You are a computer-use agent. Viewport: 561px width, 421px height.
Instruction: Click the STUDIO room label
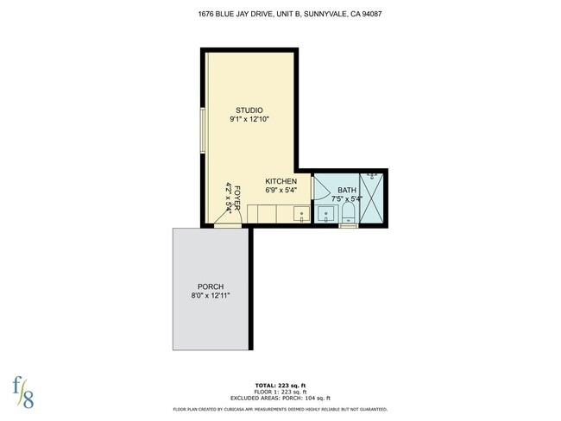pyautogui.click(x=249, y=110)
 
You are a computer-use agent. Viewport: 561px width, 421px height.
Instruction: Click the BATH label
pyautogui.click(x=346, y=190)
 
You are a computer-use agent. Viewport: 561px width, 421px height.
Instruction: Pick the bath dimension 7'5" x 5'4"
pyautogui.click(x=346, y=199)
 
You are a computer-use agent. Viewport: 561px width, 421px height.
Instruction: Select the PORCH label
pyautogui.click(x=211, y=286)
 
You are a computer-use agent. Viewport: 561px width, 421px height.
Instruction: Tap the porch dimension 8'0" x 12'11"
pyautogui.click(x=211, y=297)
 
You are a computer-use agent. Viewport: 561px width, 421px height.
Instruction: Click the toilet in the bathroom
pyautogui.click(x=349, y=213)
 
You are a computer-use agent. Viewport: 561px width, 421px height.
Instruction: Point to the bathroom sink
pyautogui.click(x=327, y=213)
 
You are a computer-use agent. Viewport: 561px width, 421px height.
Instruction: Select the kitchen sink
pyautogui.click(x=300, y=214)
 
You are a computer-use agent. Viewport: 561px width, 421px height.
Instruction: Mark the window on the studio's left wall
pyautogui.click(x=205, y=130)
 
